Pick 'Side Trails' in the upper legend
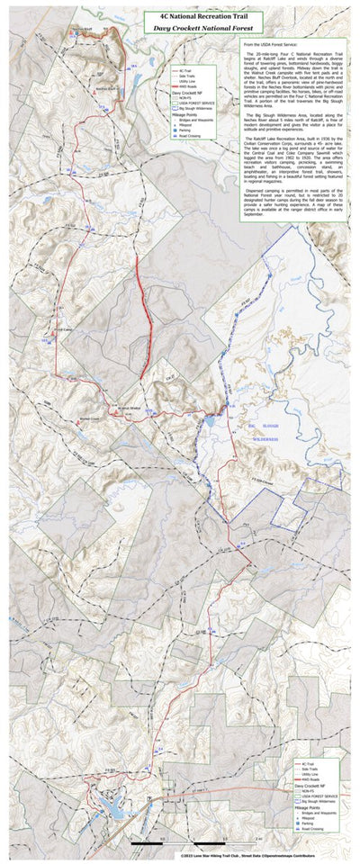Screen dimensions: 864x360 [x=186, y=75]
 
